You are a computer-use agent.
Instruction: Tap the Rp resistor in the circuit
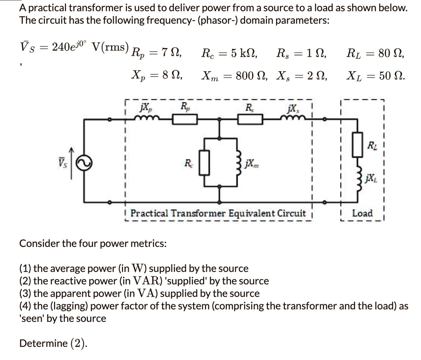(x=185, y=120)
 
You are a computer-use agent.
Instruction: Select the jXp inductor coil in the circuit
(x=145, y=118)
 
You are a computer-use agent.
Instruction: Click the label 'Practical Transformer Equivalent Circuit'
(x=218, y=213)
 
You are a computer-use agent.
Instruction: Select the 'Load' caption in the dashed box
(x=363, y=213)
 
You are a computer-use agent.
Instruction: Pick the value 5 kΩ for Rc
(x=243, y=53)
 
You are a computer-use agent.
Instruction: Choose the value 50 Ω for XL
(x=391, y=76)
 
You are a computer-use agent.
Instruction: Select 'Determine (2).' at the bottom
(x=53, y=343)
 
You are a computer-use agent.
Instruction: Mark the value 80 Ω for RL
(x=391, y=53)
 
